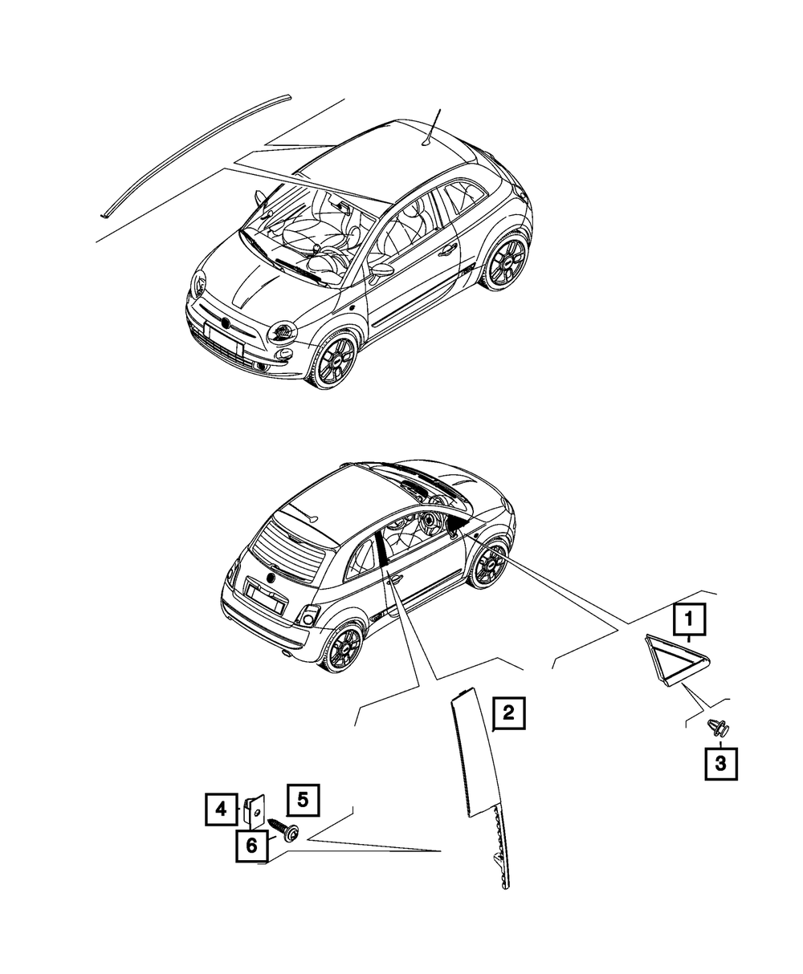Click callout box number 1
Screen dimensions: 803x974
click(x=689, y=620)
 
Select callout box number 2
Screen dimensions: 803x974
click(x=508, y=726)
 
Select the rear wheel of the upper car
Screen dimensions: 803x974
click(x=507, y=262)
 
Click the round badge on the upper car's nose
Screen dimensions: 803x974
click(x=226, y=323)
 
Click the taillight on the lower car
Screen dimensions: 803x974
click(x=308, y=617)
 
